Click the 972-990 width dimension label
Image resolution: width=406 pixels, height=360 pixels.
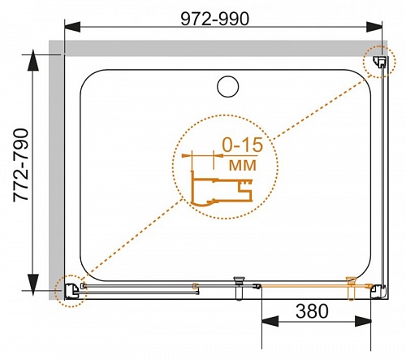pos(214,19)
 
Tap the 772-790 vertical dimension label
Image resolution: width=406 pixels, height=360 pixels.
pos(21,165)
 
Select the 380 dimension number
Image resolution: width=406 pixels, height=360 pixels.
pos(312,311)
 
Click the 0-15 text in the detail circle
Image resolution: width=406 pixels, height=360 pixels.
pos(242,145)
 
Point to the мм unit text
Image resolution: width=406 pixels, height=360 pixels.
pos(243,165)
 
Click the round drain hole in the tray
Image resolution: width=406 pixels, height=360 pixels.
pos(228,86)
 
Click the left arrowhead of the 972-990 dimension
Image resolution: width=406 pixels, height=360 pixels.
pos(72,27)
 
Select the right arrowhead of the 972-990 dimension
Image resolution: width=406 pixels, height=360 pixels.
pos(374,27)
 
